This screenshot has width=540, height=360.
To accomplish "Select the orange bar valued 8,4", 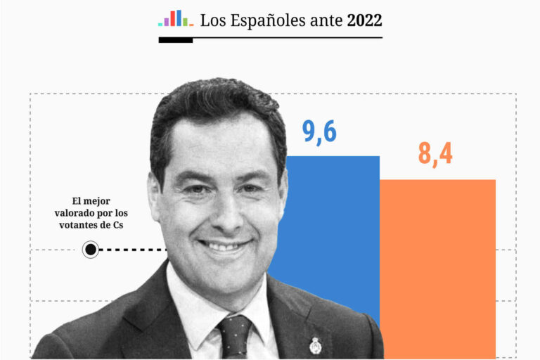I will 437,267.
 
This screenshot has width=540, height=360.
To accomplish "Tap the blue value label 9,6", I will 321,131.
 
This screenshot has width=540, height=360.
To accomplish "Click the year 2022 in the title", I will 364,20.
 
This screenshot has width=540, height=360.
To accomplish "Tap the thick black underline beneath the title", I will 176,40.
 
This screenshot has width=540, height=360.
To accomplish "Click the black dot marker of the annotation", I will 91,249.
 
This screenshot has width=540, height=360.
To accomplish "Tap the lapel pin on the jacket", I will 315,345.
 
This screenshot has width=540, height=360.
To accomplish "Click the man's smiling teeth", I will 224,246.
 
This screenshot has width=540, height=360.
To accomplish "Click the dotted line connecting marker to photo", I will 134,249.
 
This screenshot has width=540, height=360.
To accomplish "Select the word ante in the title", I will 326,21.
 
